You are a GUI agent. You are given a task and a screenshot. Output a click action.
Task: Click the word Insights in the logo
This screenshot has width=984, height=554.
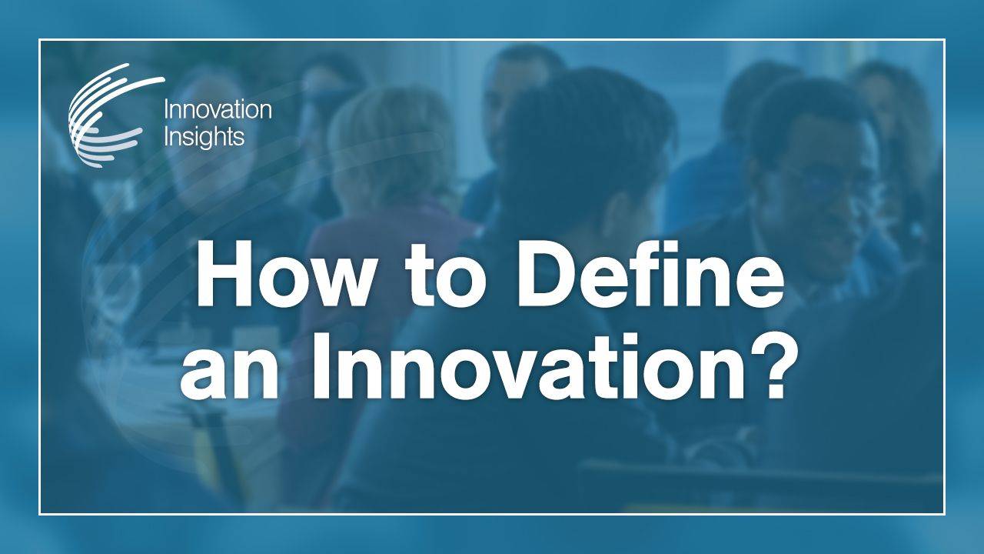point(204,138)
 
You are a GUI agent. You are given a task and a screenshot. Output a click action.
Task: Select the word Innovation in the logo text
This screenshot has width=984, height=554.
point(218,111)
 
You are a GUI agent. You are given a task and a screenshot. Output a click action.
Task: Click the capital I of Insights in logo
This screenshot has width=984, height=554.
point(167,138)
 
